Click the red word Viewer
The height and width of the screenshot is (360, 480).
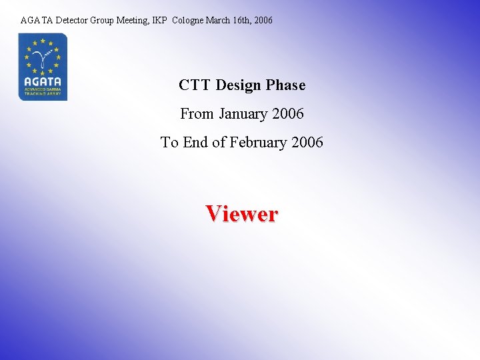tap(241, 214)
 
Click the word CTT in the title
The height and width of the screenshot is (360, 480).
tap(194, 85)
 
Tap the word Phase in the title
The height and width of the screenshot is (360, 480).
tap(285, 85)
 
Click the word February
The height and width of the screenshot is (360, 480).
tap(261, 142)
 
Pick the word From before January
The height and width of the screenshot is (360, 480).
tap(196, 114)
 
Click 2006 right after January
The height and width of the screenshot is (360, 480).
tap(288, 114)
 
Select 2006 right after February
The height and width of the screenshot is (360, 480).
tap(307, 142)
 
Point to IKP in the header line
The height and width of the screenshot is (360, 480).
tap(160, 21)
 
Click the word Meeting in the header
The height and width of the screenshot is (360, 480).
tap(133, 21)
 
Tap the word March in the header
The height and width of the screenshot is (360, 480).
tap(218, 21)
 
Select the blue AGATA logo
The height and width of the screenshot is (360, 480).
tap(43, 67)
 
